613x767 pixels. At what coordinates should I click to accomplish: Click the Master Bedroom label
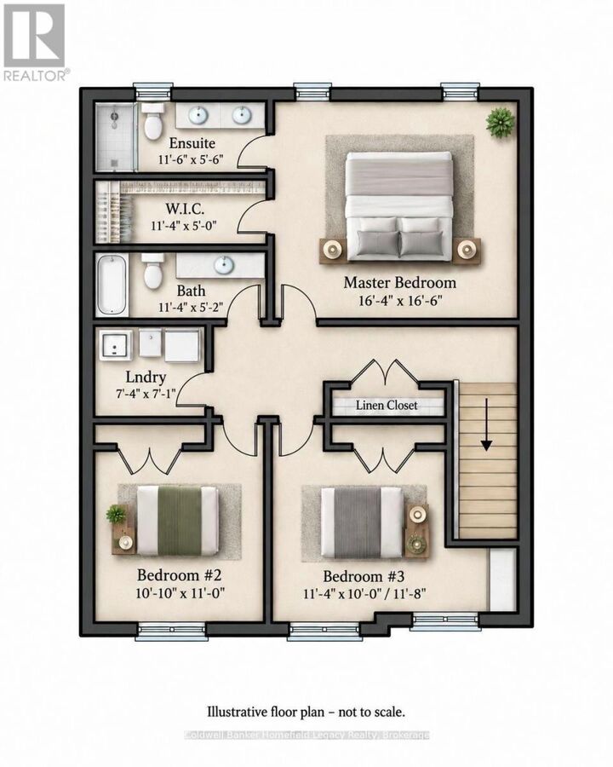pyautogui.click(x=400, y=282)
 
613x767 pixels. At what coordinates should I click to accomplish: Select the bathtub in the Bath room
pyautogui.click(x=112, y=285)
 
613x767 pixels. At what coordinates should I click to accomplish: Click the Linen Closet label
pyautogui.click(x=387, y=405)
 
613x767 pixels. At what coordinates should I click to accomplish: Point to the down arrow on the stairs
pyautogui.click(x=486, y=424)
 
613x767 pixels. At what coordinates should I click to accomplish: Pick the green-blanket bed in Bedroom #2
pyautogui.click(x=177, y=521)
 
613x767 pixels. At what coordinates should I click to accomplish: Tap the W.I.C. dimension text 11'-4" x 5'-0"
pyautogui.click(x=184, y=226)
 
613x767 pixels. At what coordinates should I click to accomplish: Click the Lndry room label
pyautogui.click(x=146, y=378)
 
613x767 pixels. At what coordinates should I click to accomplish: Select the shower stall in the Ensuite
pyautogui.click(x=116, y=138)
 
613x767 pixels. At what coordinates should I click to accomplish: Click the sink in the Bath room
pyautogui.click(x=223, y=265)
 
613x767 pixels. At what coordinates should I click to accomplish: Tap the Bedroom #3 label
pyautogui.click(x=364, y=576)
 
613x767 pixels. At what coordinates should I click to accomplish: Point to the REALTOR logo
pyautogui.click(x=34, y=42)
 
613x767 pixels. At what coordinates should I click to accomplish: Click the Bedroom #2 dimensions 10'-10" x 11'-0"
pyautogui.click(x=180, y=593)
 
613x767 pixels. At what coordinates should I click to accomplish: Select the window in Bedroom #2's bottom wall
pyautogui.click(x=171, y=630)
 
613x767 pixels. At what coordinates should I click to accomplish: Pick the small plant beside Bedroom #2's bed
pyautogui.click(x=117, y=514)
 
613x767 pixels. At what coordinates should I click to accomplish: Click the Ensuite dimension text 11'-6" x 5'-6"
pyautogui.click(x=191, y=159)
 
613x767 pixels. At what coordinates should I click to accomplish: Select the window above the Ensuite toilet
pyautogui.click(x=153, y=92)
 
